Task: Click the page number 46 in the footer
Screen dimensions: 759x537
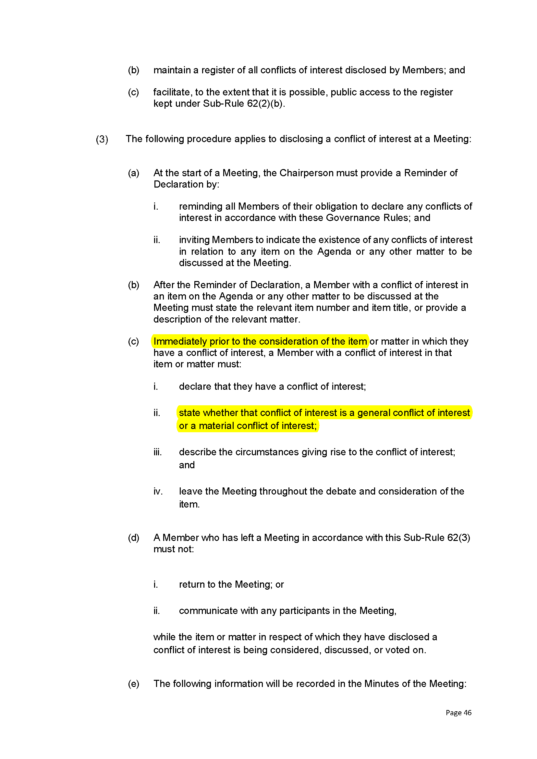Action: tap(467, 712)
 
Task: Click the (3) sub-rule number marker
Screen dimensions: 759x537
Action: tap(102, 139)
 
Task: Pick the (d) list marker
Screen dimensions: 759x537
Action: tap(134, 538)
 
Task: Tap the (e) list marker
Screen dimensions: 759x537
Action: tap(134, 684)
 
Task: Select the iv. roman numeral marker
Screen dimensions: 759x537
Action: tap(158, 491)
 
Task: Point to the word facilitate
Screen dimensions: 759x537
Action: tap(172, 92)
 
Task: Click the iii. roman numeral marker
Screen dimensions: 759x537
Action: tap(157, 452)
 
